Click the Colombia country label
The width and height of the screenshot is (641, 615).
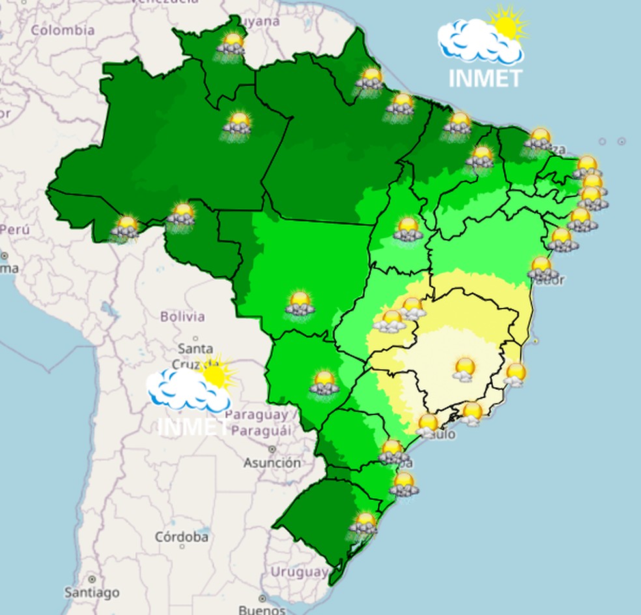(x=63, y=30)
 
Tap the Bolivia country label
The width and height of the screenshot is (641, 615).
(x=182, y=317)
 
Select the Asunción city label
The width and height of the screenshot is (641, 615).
(x=272, y=463)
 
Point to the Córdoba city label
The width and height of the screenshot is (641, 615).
(x=182, y=537)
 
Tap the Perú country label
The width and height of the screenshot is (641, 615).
(x=14, y=230)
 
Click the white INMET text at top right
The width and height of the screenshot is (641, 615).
(x=485, y=78)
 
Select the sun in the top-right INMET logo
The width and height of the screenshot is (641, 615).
(x=506, y=25)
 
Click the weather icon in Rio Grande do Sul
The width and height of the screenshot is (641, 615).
(x=363, y=524)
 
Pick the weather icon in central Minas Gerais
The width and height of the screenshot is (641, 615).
(x=464, y=369)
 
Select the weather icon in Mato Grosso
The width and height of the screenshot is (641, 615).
(x=300, y=304)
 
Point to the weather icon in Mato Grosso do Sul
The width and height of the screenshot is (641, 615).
(x=324, y=383)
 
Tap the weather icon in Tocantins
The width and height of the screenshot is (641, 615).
(x=408, y=229)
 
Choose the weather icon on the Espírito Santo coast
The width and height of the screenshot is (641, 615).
(x=515, y=374)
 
